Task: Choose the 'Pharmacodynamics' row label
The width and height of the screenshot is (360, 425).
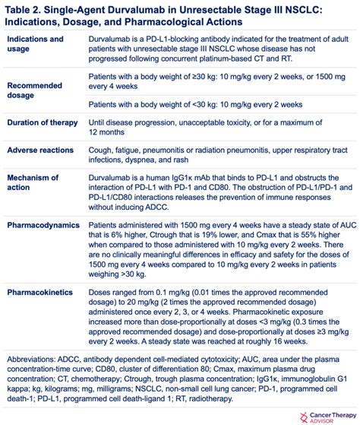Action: (47, 227)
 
